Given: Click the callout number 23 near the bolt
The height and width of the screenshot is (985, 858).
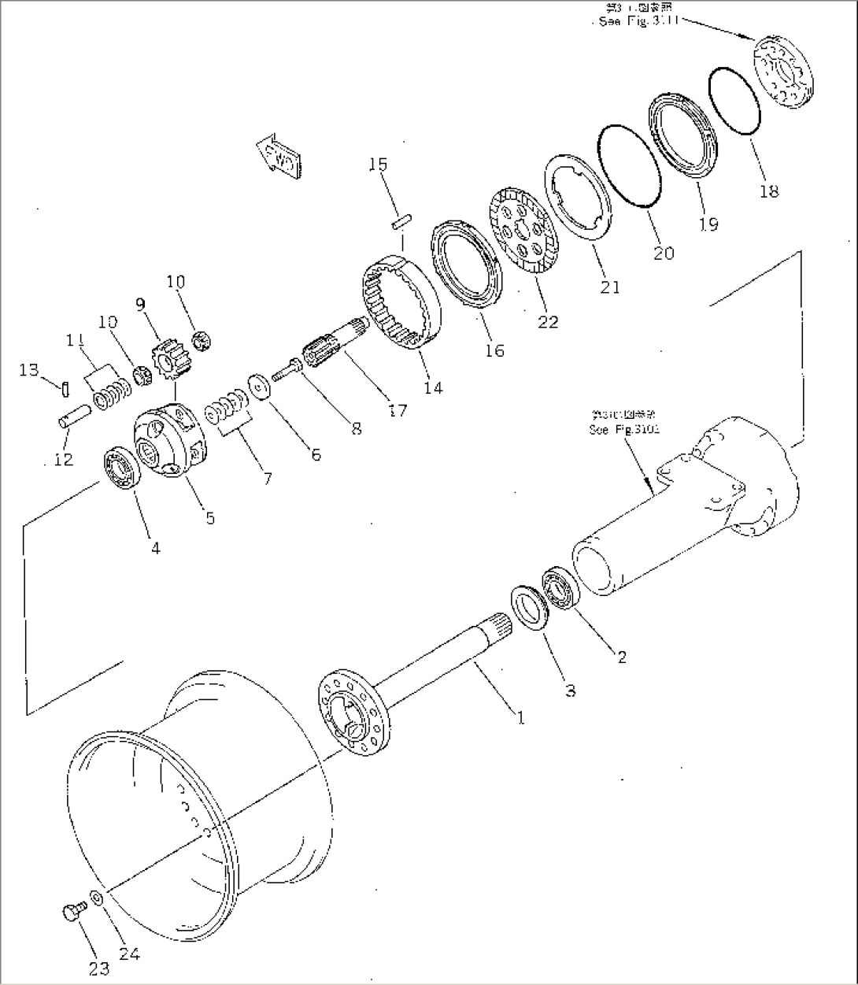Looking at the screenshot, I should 98,968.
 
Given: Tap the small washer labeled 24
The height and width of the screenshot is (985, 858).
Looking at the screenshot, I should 95,896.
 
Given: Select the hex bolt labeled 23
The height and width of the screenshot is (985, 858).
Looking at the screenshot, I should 69,913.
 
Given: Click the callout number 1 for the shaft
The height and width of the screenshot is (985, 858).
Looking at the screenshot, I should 520,717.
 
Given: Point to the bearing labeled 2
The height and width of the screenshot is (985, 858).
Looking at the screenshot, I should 560,588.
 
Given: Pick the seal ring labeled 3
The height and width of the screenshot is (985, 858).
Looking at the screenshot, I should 529,607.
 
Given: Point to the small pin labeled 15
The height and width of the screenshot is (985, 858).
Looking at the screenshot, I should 400,221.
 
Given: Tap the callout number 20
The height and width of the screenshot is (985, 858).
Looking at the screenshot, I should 664,253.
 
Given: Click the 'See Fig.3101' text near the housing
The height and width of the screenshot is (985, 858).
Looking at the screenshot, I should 624,430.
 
